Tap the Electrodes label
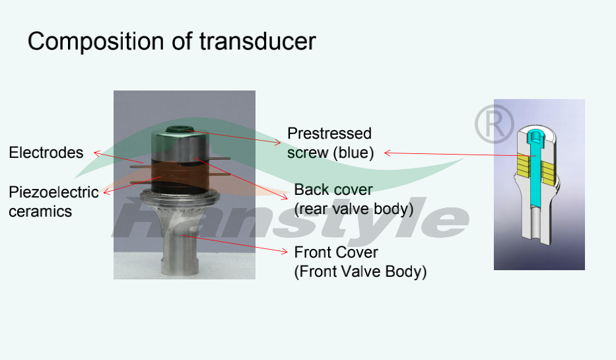(46, 153)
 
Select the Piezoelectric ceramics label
(53, 202)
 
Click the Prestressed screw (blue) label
(330, 143)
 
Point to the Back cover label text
(333, 190)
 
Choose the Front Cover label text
(336, 252)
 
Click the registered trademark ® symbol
(494, 123)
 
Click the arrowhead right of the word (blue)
(387, 153)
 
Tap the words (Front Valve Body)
(360, 271)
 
